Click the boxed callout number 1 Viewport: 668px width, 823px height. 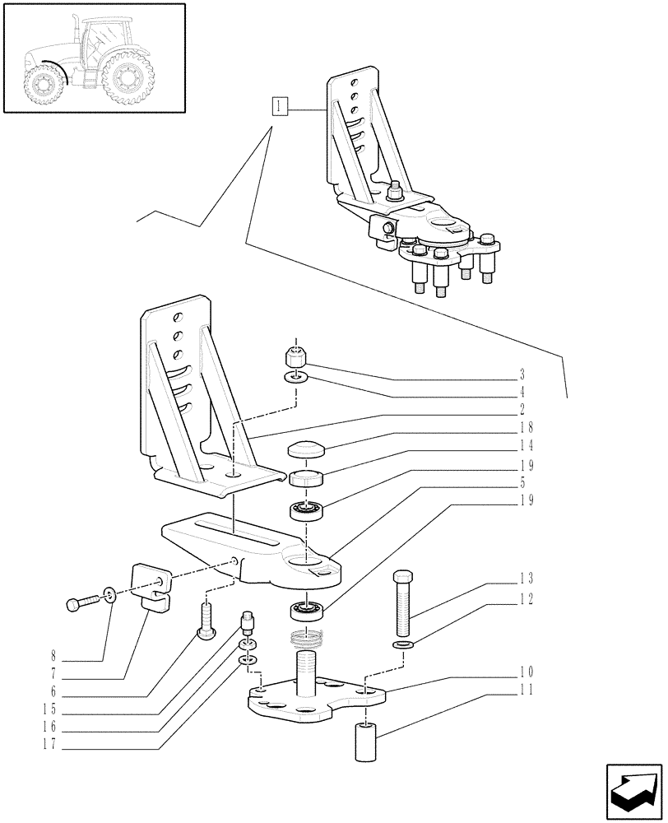(x=281, y=106)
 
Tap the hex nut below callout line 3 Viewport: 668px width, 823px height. (x=296, y=358)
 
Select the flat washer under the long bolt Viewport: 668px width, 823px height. (x=401, y=644)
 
